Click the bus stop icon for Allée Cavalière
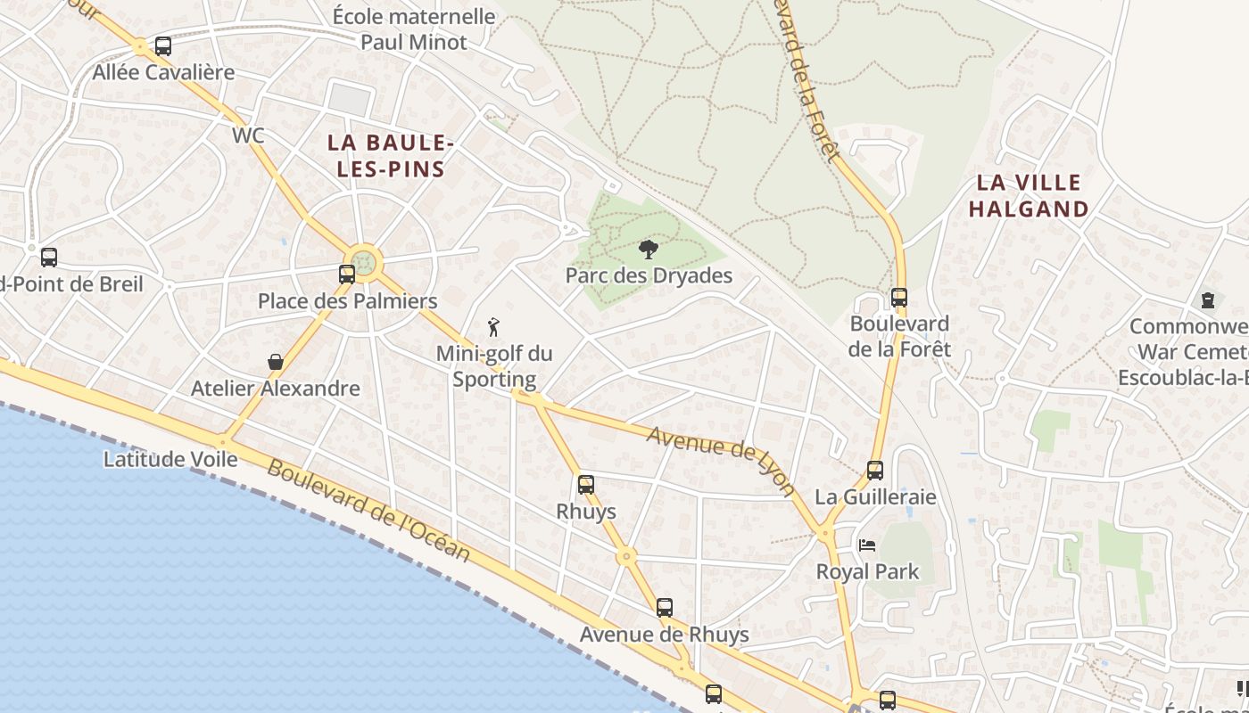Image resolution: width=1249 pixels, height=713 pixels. (163, 45)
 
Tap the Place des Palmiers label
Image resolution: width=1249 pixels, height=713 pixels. (347, 301)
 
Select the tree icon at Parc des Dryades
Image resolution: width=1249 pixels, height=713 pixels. (649, 250)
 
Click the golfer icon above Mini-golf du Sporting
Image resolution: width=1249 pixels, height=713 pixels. (493, 327)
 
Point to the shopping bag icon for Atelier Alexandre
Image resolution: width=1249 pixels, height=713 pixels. (276, 362)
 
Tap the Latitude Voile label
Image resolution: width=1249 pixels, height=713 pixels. (170, 459)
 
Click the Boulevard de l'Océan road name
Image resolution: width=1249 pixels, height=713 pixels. (368, 511)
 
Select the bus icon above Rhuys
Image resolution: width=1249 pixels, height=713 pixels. (586, 485)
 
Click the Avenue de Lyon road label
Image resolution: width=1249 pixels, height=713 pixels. (721, 460)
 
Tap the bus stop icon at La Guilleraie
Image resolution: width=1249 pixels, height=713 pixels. (875, 471)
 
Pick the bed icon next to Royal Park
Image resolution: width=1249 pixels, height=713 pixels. (866, 545)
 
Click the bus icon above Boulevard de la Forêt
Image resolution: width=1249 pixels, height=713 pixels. (899, 298)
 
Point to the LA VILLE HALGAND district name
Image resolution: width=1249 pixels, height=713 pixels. (1029, 196)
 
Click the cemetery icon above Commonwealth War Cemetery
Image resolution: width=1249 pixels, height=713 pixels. (1208, 300)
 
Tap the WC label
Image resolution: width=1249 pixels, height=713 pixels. (248, 135)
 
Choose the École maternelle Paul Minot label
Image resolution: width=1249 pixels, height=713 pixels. (414, 29)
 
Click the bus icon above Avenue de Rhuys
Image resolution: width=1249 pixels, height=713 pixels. (665, 608)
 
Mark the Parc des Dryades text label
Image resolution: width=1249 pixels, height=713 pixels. (649, 275)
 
